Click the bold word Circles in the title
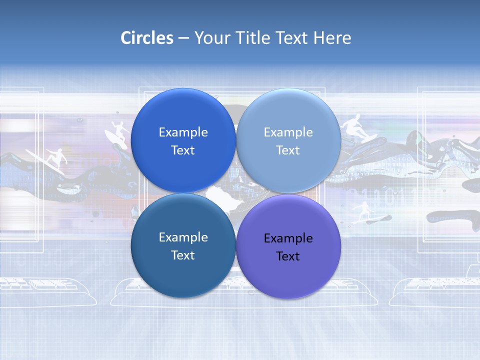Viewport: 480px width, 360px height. [146, 38]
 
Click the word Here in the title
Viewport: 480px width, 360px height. [332, 38]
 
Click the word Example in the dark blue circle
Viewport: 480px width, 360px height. [183, 132]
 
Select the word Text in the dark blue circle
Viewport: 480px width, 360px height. [183, 150]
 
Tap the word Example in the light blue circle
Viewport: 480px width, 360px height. [288, 132]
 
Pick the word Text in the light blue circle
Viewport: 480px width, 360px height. [288, 150]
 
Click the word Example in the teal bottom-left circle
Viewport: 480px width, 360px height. [183, 237]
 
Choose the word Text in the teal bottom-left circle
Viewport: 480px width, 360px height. [183, 255]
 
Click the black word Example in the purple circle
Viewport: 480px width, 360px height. [288, 238]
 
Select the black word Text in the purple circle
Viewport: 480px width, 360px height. [288, 256]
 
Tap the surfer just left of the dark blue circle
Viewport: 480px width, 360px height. [118, 132]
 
